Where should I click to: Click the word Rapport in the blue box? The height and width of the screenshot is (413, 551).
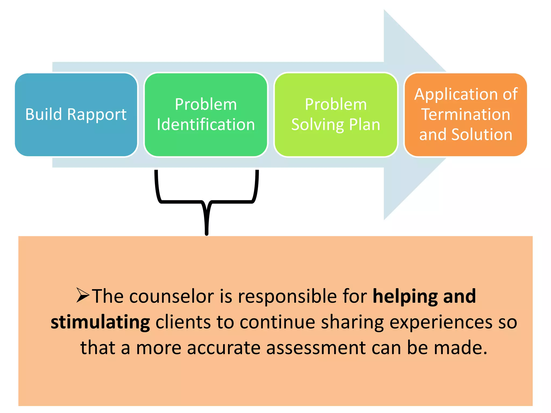(x=97, y=115)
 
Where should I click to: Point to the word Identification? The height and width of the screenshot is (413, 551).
(x=206, y=125)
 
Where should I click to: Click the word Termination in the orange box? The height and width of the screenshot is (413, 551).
(x=465, y=115)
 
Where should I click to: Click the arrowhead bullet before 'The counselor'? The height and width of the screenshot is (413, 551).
(x=82, y=295)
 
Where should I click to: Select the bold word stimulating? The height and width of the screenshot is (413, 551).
(x=100, y=322)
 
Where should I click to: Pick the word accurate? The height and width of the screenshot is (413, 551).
(x=224, y=348)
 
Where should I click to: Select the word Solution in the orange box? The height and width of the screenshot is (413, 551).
(x=482, y=134)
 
